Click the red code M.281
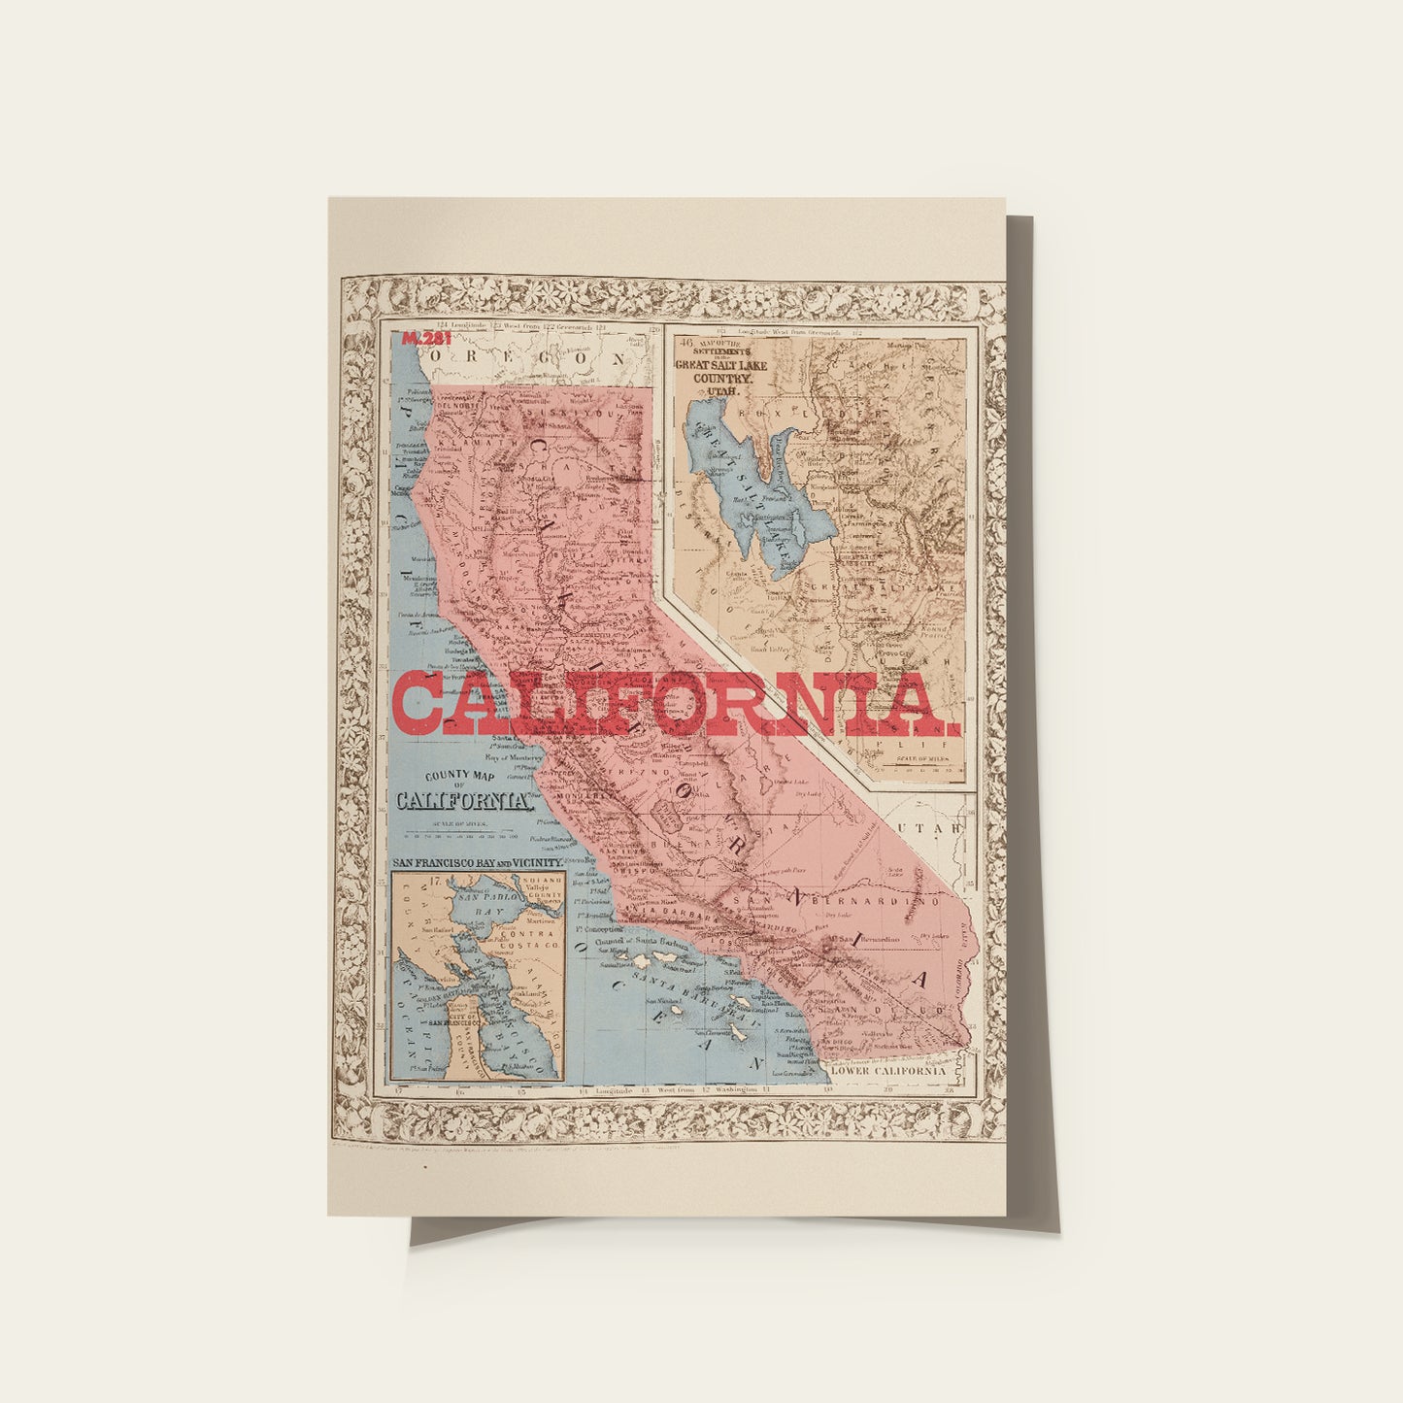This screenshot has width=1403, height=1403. point(420,339)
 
